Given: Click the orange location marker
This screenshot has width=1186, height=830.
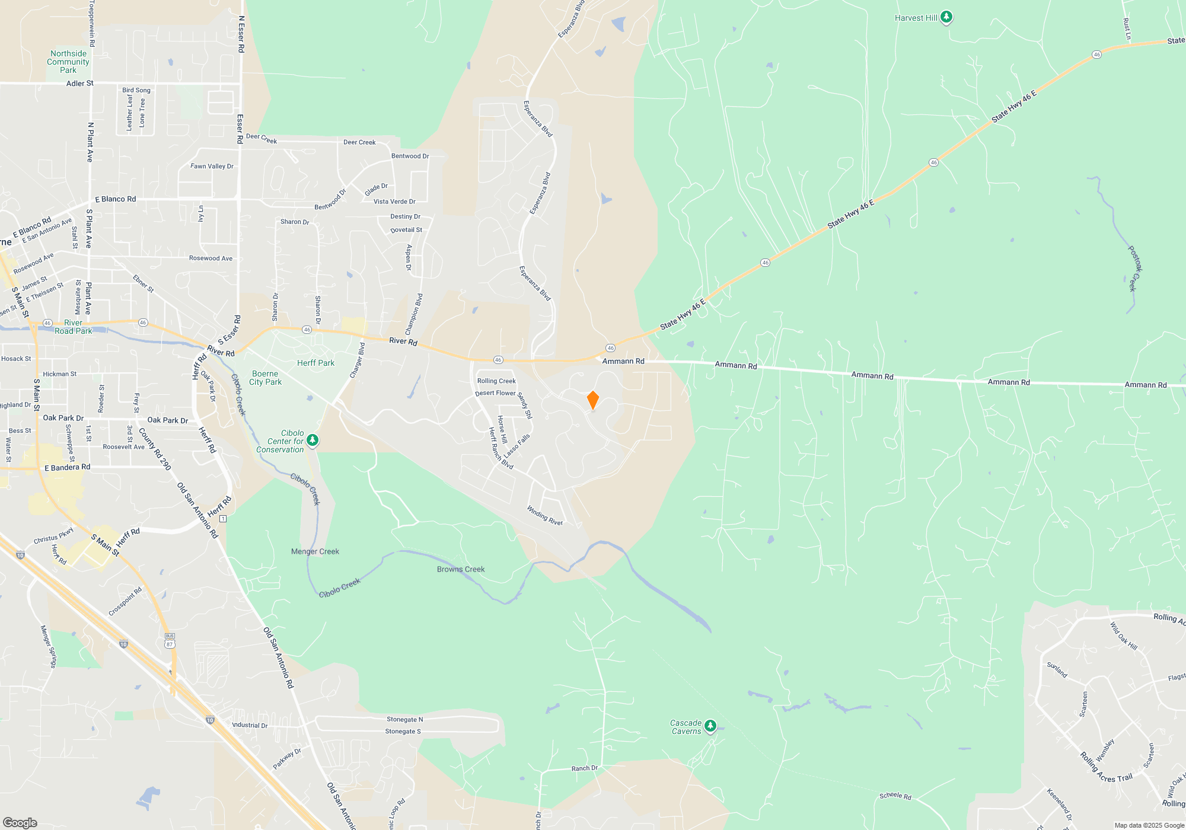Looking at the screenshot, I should [592, 400].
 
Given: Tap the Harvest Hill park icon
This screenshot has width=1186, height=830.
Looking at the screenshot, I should [946, 17].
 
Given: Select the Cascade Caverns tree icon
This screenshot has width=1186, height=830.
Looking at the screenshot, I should [710, 726].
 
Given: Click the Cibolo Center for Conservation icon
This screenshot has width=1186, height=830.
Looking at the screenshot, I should [313, 440].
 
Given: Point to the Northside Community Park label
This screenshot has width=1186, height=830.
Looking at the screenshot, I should [68, 62].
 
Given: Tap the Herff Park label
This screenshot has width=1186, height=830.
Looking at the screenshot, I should [315, 363].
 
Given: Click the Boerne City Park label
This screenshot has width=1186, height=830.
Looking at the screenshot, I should [265, 378].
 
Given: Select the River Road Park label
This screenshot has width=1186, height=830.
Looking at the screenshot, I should [74, 327].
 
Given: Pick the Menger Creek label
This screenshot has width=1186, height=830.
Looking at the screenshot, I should [315, 551].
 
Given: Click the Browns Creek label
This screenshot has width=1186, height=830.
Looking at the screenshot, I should [461, 569].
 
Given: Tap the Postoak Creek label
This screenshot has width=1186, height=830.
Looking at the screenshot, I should [1135, 269].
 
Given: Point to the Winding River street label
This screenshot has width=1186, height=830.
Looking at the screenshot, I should [545, 515].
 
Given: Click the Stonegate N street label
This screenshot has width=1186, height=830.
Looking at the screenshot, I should [405, 719].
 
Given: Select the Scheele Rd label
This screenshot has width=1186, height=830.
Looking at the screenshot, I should [895, 796].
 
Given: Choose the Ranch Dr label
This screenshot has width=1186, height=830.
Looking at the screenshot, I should [585, 768].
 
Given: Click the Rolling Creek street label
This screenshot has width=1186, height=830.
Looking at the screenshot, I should [496, 381].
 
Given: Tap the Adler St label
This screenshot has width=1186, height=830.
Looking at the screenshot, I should [79, 84].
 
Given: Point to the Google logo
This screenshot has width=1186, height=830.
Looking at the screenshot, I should [20, 822].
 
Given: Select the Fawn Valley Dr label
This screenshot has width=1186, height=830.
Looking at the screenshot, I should [212, 166].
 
